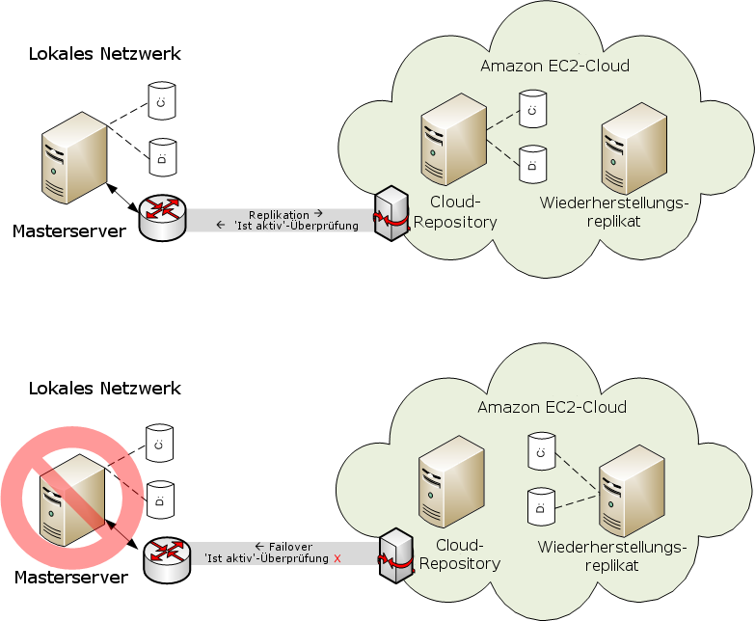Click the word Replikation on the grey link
click(279, 214)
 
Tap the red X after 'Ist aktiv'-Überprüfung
click(337, 558)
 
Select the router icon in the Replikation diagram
click(161, 218)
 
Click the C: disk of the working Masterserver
click(161, 100)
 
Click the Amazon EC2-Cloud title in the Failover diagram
click(552, 407)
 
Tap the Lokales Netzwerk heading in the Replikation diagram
click(105, 53)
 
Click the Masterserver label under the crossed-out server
click(71, 578)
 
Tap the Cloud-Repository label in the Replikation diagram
click(456, 212)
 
